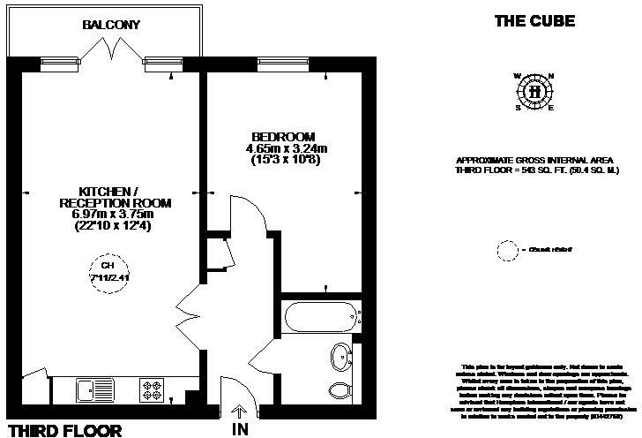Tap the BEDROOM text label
click(283, 137)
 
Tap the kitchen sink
click(91, 387)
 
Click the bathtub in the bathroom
click(320, 314)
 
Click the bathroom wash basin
click(338, 359)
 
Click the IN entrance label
click(240, 429)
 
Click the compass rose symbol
click(534, 91)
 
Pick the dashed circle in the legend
click(507, 251)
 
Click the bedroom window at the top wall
click(282, 64)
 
